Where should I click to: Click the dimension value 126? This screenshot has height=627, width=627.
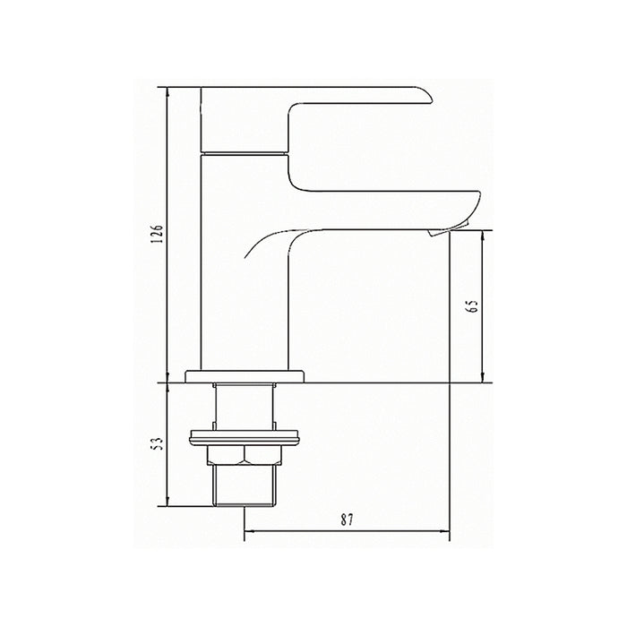[x=158, y=234]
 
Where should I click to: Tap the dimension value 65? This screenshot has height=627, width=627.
[x=473, y=306]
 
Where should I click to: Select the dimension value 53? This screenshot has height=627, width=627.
[x=159, y=443]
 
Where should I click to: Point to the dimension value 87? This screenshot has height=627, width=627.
[x=348, y=520]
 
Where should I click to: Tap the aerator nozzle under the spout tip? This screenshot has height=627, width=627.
[x=442, y=231]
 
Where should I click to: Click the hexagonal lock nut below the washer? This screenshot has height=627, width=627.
[x=244, y=455]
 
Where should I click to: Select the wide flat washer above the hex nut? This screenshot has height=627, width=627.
[x=244, y=437]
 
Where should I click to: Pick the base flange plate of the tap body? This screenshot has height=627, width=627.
[x=245, y=377]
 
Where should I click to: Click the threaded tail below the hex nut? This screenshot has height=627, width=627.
[x=244, y=485]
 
